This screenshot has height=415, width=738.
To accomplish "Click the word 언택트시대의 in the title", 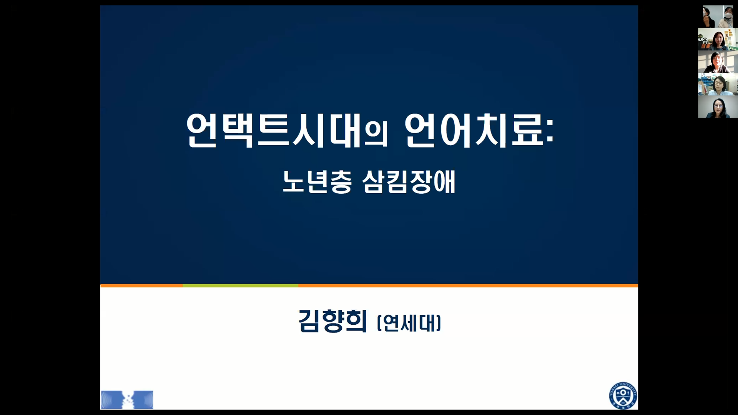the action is point(287,131).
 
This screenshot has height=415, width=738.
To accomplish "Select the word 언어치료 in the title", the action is point(474,131).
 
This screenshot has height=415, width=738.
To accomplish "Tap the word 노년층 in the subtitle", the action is point(317,182).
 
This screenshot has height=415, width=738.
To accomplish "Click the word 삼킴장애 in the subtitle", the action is point(409,182).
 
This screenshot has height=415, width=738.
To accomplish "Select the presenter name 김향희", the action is point(332,321).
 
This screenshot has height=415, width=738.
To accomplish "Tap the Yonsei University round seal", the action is point(623,395).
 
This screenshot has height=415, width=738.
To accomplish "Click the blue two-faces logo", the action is point(127,400).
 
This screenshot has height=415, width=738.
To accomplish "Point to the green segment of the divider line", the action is point(240,286).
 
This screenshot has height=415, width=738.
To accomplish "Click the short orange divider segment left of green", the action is point(141,286).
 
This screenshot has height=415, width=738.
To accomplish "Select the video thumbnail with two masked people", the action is point(718,17).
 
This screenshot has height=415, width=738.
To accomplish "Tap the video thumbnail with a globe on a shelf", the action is point(718,39).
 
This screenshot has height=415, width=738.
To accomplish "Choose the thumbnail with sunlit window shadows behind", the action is point(718,62).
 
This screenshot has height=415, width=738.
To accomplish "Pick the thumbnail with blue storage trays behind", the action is point(718,84).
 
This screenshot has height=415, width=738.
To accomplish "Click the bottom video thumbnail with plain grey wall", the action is point(718,107).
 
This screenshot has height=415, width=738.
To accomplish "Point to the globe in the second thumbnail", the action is point(702,39).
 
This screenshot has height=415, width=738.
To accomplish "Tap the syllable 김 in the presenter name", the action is point(309,321).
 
